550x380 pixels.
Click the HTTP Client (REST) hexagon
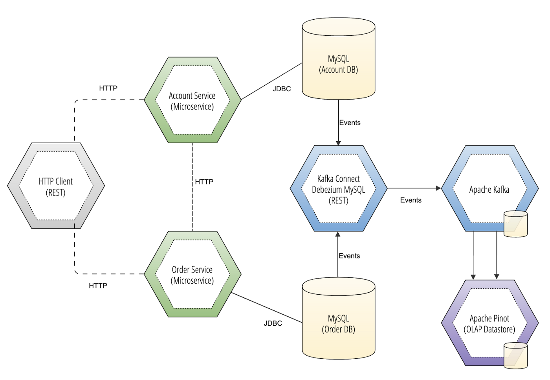click(56, 186)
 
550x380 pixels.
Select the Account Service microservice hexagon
click(192, 100)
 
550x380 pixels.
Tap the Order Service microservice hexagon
click(192, 275)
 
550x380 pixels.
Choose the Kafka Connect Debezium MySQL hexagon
click(338, 189)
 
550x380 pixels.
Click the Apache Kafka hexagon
click(489, 189)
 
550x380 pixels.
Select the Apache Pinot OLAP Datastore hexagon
click(489, 323)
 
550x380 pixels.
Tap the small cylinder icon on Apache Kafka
click(515, 224)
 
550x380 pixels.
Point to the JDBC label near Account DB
click(282, 89)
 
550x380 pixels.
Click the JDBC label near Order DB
click(273, 323)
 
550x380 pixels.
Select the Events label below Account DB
click(350, 123)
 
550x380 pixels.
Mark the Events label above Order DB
click(349, 256)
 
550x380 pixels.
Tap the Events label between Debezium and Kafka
click(411, 200)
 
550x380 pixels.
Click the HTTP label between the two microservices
click(204, 182)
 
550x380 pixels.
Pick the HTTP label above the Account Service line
click(108, 88)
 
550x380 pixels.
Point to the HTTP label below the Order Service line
click(98, 286)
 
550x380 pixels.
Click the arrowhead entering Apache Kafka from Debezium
click(439, 188)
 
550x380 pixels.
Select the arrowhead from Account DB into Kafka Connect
click(338, 143)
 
